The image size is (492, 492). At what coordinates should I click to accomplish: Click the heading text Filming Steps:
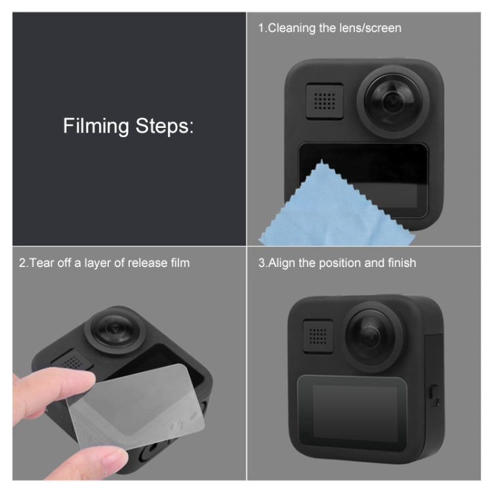click(x=129, y=125)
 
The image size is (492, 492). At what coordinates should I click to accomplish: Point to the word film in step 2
click(x=178, y=263)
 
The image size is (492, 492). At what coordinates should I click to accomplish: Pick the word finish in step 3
click(x=400, y=263)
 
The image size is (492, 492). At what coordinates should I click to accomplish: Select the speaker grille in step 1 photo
click(x=324, y=100)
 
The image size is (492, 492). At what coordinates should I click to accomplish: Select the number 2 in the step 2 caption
click(x=22, y=263)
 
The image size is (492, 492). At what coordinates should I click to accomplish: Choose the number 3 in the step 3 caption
click(x=262, y=263)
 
